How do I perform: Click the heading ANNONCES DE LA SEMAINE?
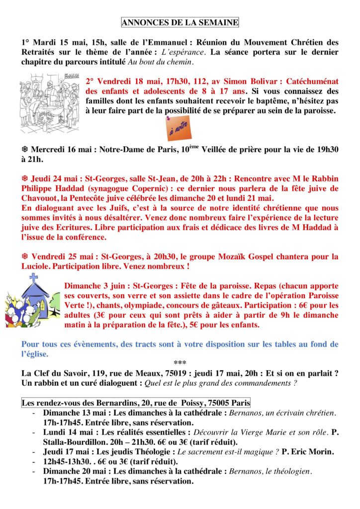pos(180,22)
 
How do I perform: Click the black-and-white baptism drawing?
pos(49,102)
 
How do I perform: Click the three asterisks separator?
pos(180,363)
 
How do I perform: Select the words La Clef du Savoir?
pos(52,372)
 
